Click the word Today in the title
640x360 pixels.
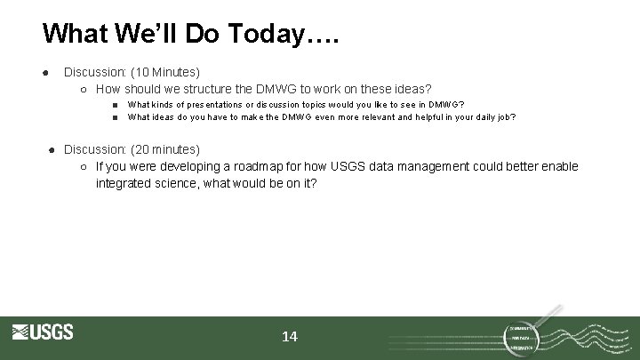click(263, 34)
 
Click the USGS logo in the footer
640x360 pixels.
click(43, 332)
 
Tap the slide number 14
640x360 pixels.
click(290, 337)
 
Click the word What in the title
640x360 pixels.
click(76, 34)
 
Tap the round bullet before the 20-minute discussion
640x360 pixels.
click(52, 149)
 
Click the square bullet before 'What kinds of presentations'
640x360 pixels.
click(116, 104)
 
